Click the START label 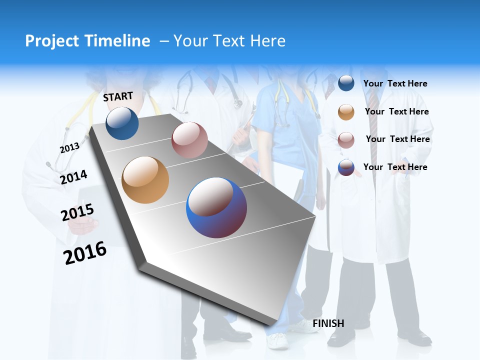(118, 96)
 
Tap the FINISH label (328, 323)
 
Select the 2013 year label (69, 148)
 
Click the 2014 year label (73, 177)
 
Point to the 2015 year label (77, 212)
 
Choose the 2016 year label (85, 253)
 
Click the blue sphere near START (122, 123)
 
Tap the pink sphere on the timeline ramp (189, 140)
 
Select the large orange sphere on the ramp (145, 180)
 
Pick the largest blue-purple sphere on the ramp (216, 207)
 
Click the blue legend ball (346, 83)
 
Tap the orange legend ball (346, 112)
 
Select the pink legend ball (346, 140)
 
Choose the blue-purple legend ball (346, 167)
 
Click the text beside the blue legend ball (395, 83)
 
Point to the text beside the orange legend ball (396, 111)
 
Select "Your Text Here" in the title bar (229, 41)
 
